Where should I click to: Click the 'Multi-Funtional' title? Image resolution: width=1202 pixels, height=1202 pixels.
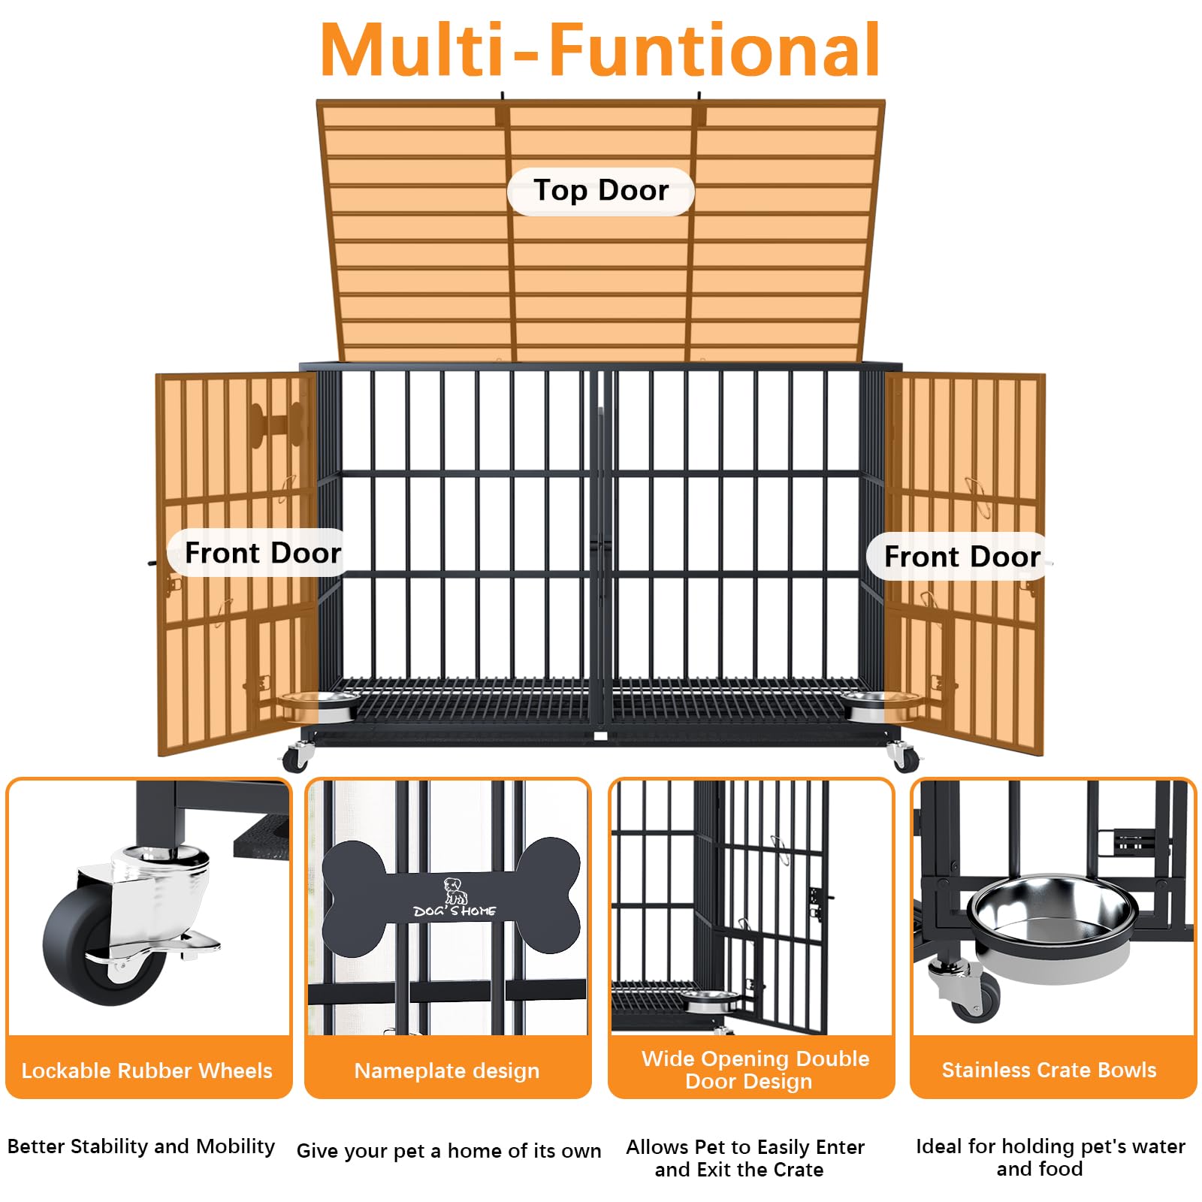click(599, 50)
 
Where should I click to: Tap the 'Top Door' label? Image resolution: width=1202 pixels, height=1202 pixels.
click(600, 191)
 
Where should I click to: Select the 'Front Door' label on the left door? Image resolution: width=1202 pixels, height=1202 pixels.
click(262, 553)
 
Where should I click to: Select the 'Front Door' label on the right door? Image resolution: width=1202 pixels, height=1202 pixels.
click(962, 557)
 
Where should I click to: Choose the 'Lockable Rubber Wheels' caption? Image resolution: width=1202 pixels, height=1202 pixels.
click(147, 1071)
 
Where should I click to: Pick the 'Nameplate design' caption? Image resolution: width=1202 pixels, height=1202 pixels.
click(447, 1071)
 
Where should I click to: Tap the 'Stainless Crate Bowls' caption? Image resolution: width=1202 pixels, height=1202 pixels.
click(1049, 1070)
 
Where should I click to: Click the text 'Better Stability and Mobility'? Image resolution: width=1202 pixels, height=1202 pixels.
click(141, 1146)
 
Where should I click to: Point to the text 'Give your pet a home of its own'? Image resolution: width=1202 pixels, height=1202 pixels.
click(448, 1151)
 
